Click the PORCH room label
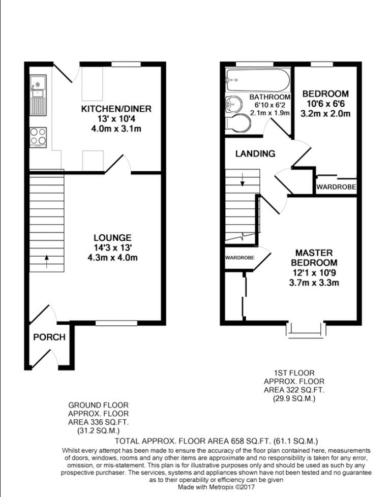pos(49,337)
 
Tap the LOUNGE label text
pos(112,238)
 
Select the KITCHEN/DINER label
pos(116,109)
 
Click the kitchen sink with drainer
pos(38,95)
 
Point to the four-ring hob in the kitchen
pos(38,137)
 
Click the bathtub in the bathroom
pos(257,80)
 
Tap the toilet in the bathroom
pos(238,123)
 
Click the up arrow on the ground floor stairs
pos(47,261)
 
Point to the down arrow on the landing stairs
pos(243,180)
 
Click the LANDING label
pos(255,154)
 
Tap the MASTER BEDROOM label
pos(314,258)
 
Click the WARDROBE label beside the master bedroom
pos(240,258)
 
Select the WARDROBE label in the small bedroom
pos(336,187)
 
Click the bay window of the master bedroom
pos(306,331)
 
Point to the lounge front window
pos(116,323)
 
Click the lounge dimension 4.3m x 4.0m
pos(112,257)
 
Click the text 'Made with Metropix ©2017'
pos(216,487)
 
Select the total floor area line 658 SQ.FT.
pos(216,441)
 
